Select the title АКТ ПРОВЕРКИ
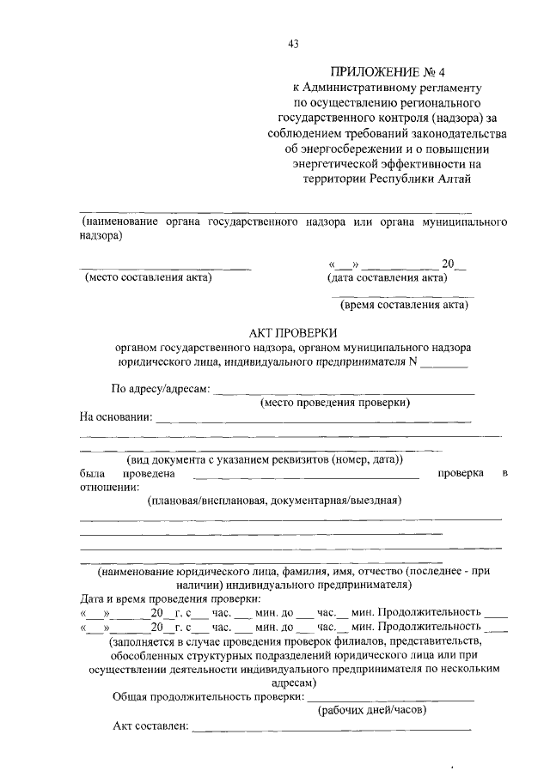pos(292,333)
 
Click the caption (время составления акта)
pos(404,304)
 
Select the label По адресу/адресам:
pos(161,389)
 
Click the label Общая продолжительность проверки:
pos(209,696)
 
